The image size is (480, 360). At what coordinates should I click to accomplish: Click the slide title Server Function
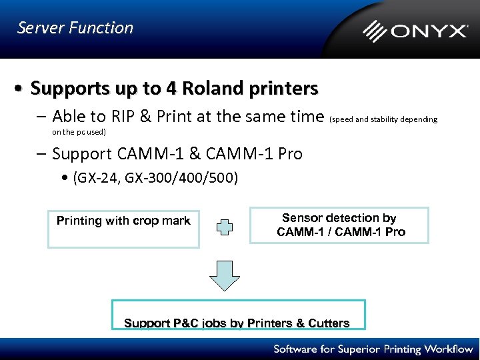point(75,28)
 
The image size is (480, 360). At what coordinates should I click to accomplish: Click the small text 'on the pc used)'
point(79,132)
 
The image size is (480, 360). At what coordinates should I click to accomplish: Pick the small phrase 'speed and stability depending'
point(384,119)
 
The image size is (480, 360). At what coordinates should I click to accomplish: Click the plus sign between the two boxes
point(225,227)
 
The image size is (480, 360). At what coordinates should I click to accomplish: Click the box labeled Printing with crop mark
point(123,229)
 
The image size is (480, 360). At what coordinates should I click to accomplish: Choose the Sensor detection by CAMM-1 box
point(339,225)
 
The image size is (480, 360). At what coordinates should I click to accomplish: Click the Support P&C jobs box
point(237,315)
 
